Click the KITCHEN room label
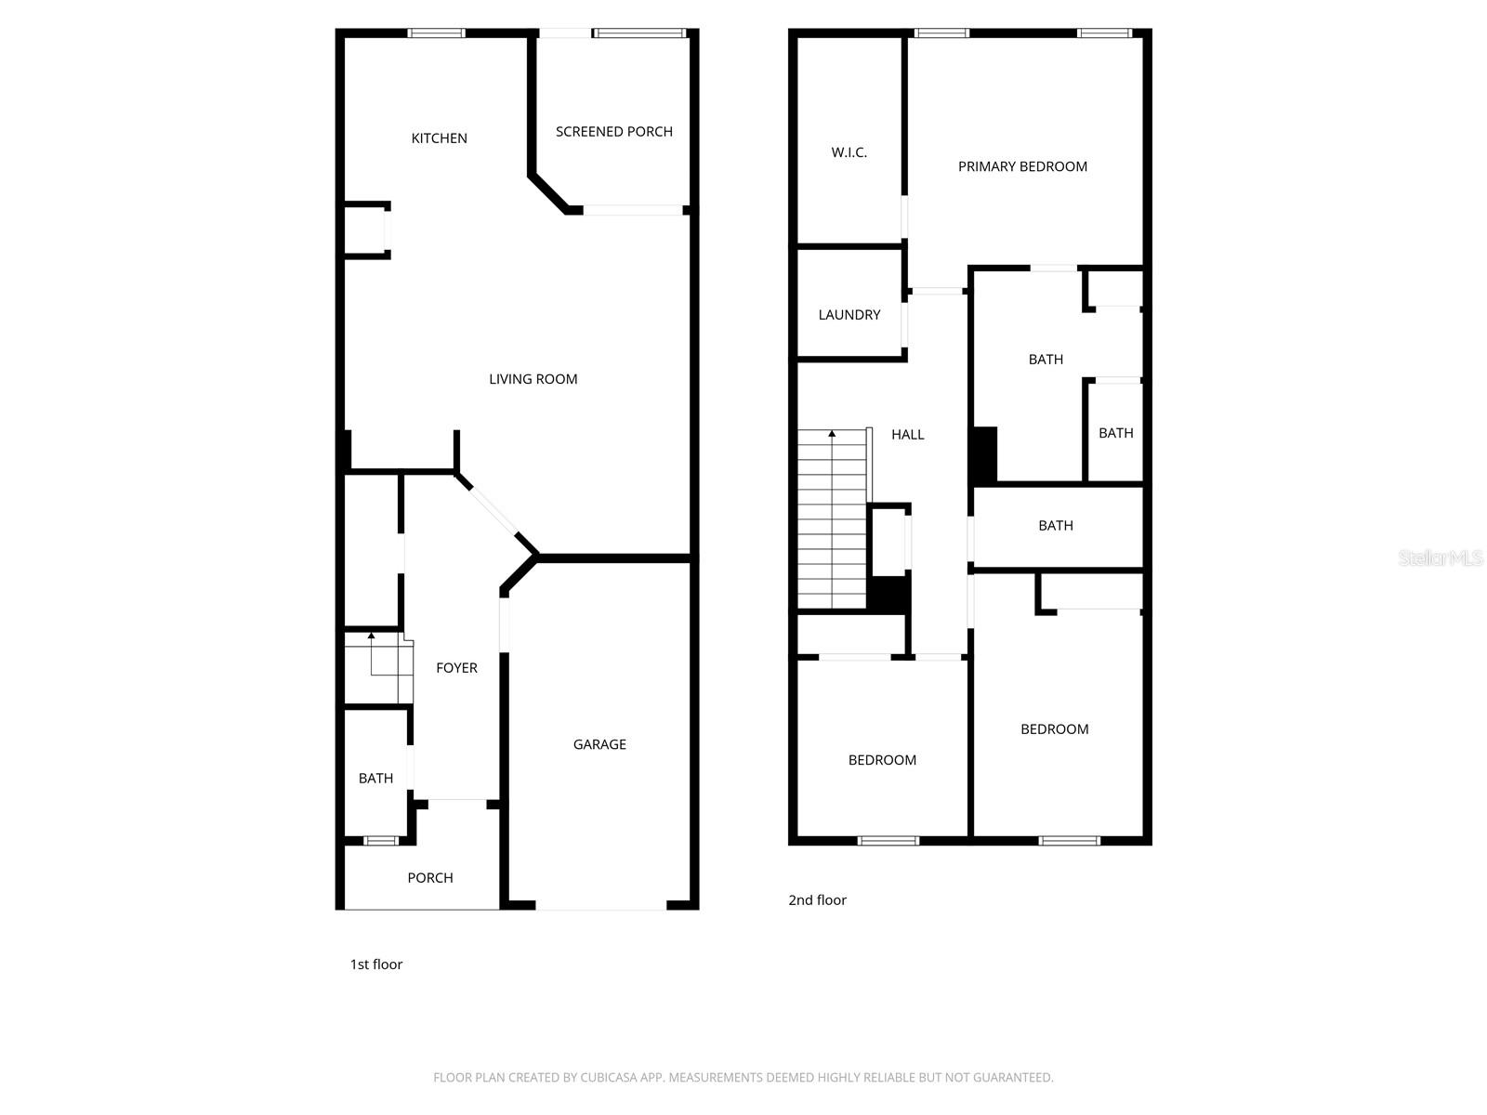pyautogui.click(x=439, y=138)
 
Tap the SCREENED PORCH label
pyautogui.click(x=613, y=132)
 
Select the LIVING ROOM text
pyautogui.click(x=533, y=379)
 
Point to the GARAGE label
pyautogui.click(x=599, y=744)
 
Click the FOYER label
pyautogui.click(x=456, y=668)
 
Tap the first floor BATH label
pyautogui.click(x=375, y=779)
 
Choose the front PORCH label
pyautogui.click(x=430, y=878)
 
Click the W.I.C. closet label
pyautogui.click(x=849, y=152)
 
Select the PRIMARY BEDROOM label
pyautogui.click(x=1022, y=167)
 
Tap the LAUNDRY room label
pyautogui.click(x=849, y=315)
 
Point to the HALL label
pyautogui.click(x=907, y=435)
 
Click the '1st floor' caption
pyautogui.click(x=375, y=964)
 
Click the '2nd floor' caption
pyautogui.click(x=817, y=900)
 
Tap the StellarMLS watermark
pyautogui.click(x=1441, y=558)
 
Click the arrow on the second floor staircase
pyautogui.click(x=832, y=434)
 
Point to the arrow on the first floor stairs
pyautogui.click(x=371, y=636)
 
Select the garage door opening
pyautogui.click(x=600, y=906)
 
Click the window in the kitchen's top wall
pyautogui.click(x=436, y=33)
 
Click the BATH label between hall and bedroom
pyautogui.click(x=1055, y=526)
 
